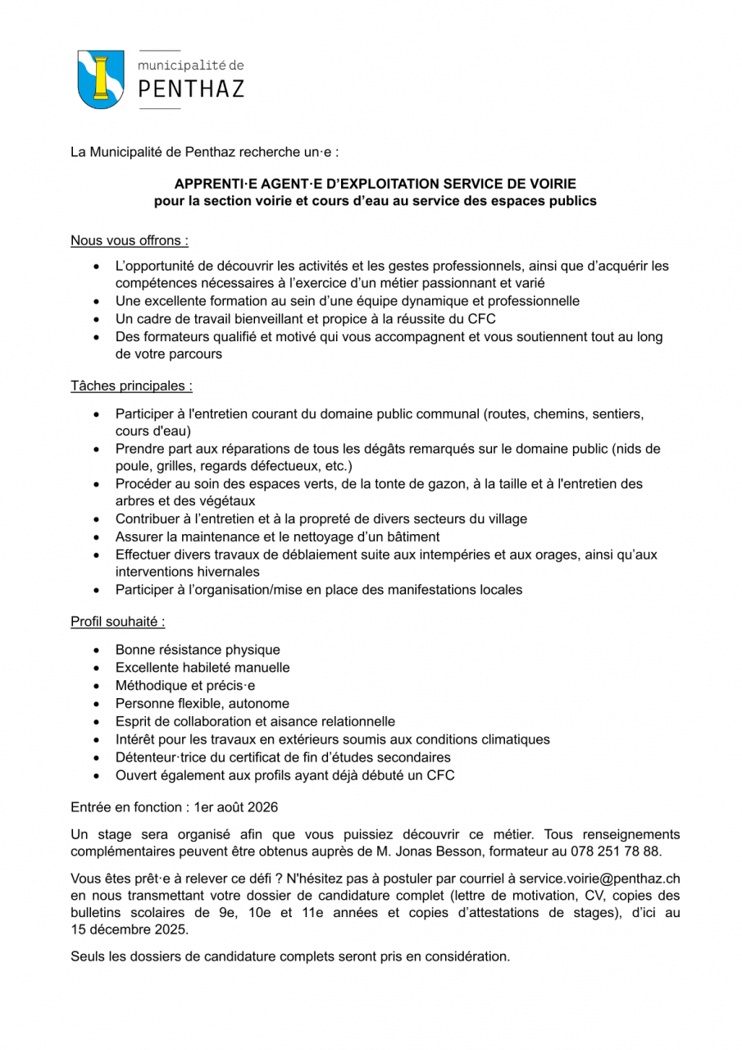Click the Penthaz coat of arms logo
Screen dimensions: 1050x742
click(101, 79)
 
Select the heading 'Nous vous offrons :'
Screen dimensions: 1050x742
click(130, 240)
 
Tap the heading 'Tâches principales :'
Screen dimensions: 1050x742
click(132, 385)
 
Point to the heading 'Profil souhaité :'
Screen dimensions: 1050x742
click(118, 621)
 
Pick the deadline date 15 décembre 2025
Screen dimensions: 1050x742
click(129, 929)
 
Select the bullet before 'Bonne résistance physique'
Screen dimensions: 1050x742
click(98, 650)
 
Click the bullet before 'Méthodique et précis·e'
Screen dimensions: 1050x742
click(98, 686)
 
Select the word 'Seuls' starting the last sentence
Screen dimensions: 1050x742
click(88, 956)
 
